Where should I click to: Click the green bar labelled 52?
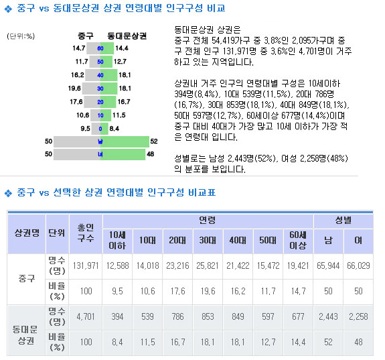coord(125,141)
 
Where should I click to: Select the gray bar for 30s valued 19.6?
coord(91,88)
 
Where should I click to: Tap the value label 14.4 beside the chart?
coord(122,48)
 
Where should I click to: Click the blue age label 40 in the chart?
coord(100,75)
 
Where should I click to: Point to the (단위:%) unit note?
coord(21,36)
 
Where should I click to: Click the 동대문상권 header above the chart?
coord(127,36)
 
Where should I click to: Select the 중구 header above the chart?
coord(86,36)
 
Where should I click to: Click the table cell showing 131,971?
coord(86,266)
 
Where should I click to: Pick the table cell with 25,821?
coord(208,266)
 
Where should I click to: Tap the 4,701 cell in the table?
coord(86,316)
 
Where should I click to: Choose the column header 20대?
coord(177,241)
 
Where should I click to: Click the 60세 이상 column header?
coord(298,241)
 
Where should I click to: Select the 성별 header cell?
coord(343,221)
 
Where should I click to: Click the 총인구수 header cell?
coord(86,233)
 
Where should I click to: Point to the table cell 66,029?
coord(358,266)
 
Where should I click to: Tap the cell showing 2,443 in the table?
coord(328,316)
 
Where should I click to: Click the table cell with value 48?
coord(358,343)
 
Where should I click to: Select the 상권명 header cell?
coord(27,233)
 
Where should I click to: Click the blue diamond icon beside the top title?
coord(8,9)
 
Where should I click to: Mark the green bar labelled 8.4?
coord(104,129)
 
